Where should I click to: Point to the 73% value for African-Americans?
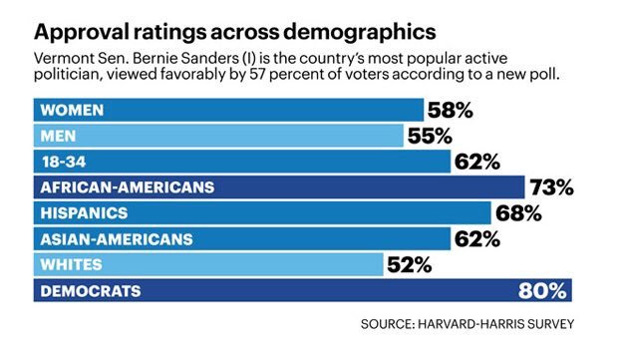(x=551, y=187)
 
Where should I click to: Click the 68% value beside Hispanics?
(x=517, y=213)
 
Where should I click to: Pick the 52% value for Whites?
(x=409, y=265)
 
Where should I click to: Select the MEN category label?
(x=56, y=136)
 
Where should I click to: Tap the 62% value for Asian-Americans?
(x=475, y=239)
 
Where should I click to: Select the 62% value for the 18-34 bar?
(x=475, y=162)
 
